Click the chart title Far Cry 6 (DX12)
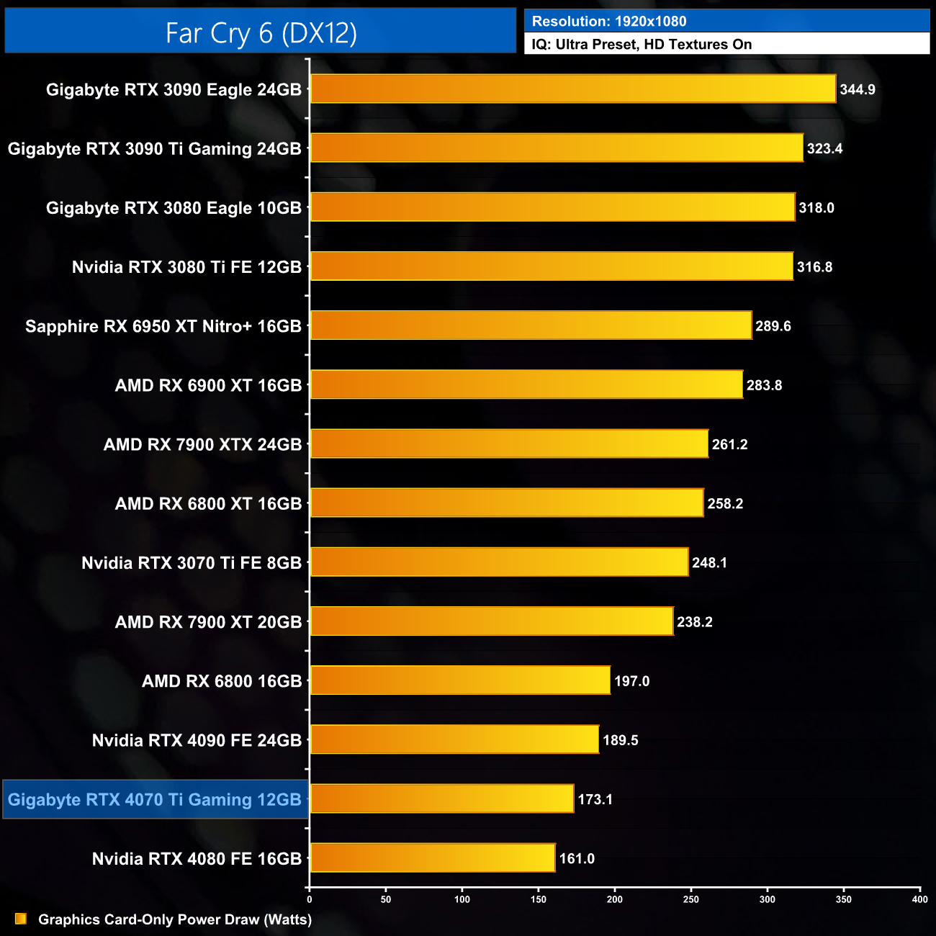(261, 33)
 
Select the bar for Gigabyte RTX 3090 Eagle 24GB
(573, 89)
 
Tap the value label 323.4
(824, 149)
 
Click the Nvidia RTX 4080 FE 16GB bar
(433, 858)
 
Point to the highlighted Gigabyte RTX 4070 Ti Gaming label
(155, 800)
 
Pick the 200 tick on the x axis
(615, 899)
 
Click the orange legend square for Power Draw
(21, 919)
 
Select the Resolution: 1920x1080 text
(609, 22)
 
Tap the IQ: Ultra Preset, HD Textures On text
(642, 45)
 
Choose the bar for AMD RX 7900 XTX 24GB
(509, 444)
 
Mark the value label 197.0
(631, 681)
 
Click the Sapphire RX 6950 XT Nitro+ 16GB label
(163, 327)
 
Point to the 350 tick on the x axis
(844, 899)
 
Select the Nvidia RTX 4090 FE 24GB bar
(454, 740)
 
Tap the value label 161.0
(577, 859)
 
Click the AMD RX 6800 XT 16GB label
(208, 504)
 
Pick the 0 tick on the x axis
(310, 899)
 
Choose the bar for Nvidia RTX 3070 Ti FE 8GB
(499, 562)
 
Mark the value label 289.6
(773, 327)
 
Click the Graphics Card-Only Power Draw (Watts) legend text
(175, 919)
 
